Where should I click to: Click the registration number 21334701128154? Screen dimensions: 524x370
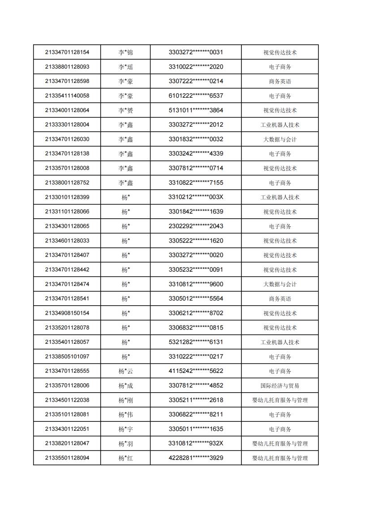coord(67,52)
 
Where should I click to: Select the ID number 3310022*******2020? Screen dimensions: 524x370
coord(196,67)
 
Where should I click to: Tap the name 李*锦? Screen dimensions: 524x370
coord(125,52)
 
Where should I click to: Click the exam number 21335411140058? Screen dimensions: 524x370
coord(67,95)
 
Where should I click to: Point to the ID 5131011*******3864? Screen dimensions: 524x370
coord(196,110)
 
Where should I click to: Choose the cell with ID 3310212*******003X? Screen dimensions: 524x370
coord(196,197)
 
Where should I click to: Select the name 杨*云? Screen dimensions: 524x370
coord(125,371)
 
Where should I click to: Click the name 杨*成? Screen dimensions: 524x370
coord(125,385)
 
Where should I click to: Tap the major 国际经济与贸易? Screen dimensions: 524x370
coord(280,385)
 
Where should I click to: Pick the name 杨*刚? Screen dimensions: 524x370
coord(125,400)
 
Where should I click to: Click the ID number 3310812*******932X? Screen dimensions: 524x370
coord(196,443)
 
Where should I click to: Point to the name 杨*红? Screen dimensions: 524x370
coord(125,458)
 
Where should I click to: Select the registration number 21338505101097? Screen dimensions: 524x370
coord(67,356)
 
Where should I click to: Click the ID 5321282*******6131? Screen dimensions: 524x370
coord(196,342)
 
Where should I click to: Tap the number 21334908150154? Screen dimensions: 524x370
coord(67,313)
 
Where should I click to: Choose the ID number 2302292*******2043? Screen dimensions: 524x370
coord(196,226)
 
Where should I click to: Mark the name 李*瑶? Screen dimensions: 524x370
coord(125,67)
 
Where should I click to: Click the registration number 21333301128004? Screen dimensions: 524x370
coord(67,125)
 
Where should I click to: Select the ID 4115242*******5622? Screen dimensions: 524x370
coord(196,371)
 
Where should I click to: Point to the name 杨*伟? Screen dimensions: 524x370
coord(125,415)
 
